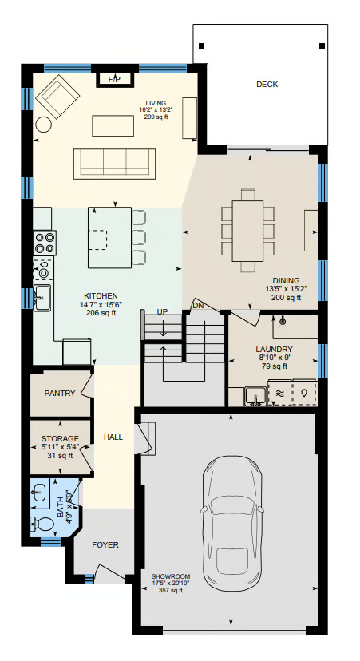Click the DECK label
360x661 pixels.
click(x=267, y=85)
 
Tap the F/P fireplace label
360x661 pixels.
click(x=114, y=79)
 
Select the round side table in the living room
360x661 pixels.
click(x=44, y=125)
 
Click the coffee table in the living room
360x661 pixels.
click(x=113, y=125)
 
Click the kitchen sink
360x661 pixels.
click(x=42, y=298)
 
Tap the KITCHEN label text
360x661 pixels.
click(x=101, y=296)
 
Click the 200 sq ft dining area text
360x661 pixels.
click(x=287, y=298)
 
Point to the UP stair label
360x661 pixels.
click(x=162, y=312)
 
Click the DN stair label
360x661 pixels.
click(x=198, y=305)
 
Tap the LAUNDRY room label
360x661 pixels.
click(x=274, y=350)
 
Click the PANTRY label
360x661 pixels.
click(x=60, y=394)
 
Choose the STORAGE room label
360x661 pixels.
click(x=60, y=439)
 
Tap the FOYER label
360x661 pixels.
click(x=105, y=545)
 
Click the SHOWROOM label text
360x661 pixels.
click(x=171, y=576)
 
